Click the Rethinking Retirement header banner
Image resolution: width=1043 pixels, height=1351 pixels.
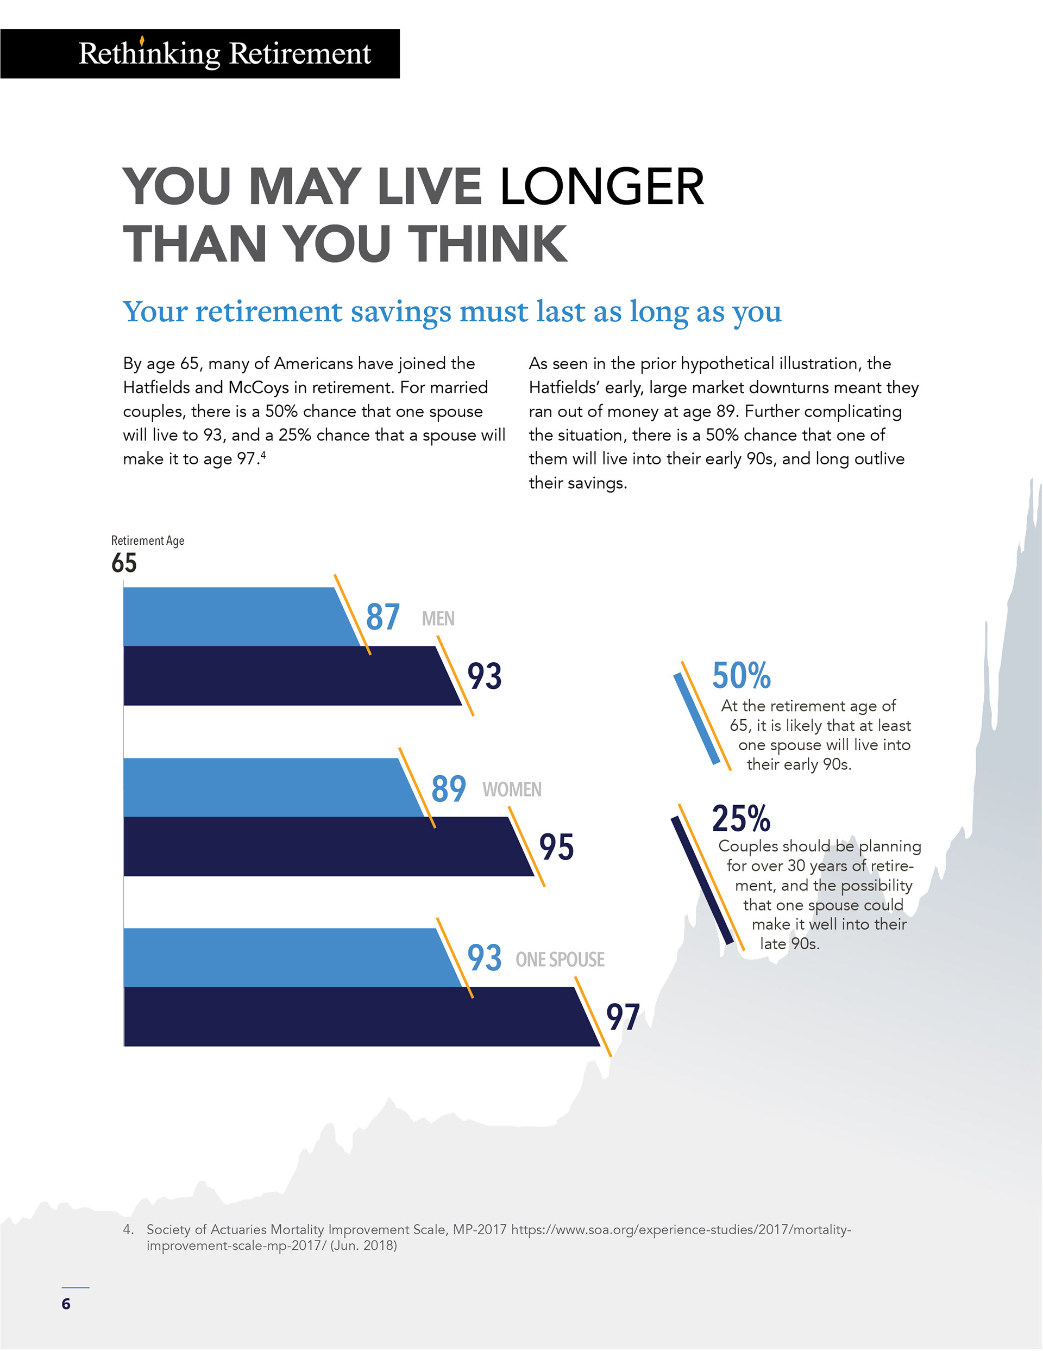200,54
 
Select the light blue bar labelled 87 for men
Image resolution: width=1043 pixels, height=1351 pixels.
235,617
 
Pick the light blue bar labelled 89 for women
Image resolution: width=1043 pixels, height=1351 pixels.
266,787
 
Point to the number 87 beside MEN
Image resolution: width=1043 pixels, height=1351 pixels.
382,618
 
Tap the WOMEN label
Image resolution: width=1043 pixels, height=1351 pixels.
512,789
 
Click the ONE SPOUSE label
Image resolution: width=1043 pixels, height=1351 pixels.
560,960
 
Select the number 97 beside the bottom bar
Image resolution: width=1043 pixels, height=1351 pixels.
623,1018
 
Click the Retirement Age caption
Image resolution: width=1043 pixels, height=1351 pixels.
148,540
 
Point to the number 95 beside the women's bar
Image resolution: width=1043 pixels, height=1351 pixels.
556,847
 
